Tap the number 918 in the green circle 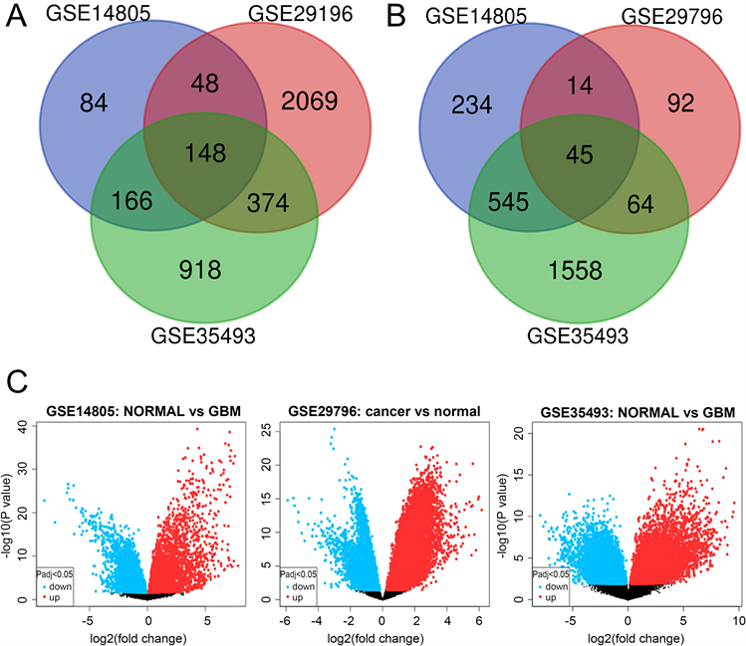pos(200,268)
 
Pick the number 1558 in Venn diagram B pos(576,268)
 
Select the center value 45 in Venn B pos(578,153)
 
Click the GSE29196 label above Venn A pos(277,21)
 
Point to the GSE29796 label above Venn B pos(655,21)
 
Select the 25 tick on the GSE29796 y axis pos(269,429)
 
